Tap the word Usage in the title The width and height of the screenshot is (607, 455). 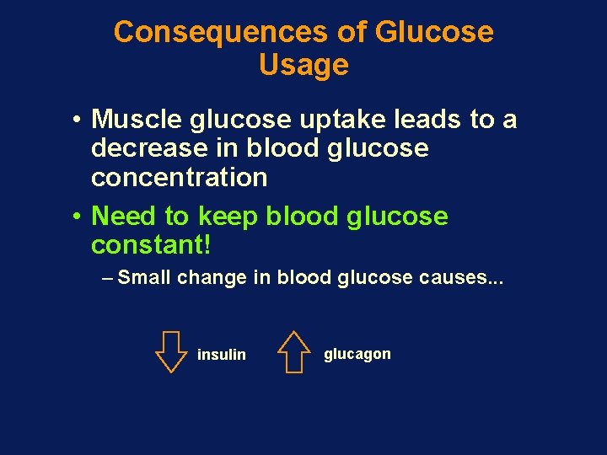click(x=303, y=65)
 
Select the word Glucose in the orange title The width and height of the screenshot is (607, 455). click(x=434, y=32)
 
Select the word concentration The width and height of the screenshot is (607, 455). click(x=179, y=178)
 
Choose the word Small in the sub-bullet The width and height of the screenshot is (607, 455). click(x=145, y=278)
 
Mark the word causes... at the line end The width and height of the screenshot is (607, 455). click(x=461, y=278)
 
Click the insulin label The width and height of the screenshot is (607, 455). click(x=221, y=355)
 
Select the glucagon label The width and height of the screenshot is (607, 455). click(x=357, y=354)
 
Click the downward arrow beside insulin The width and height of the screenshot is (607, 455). click(x=171, y=351)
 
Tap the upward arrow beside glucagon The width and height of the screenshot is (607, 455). click(x=293, y=351)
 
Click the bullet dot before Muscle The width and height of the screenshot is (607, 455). click(x=76, y=120)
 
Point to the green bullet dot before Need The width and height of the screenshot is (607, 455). click(x=76, y=217)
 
